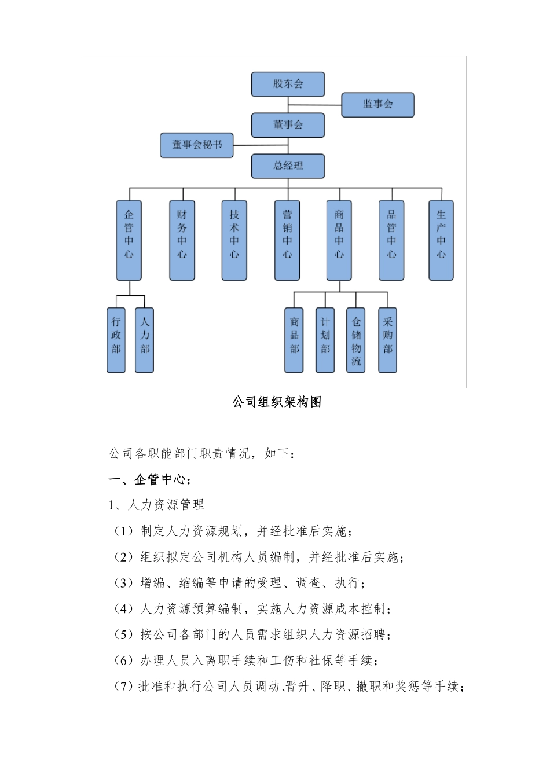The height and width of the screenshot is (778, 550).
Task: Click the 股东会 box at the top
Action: [x=288, y=85]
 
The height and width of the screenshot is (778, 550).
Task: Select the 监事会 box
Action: [x=377, y=105]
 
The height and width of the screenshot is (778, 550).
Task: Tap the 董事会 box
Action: [x=288, y=125]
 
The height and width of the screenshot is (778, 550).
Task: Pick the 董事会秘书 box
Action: [x=197, y=145]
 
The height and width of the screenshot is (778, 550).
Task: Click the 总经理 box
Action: [x=288, y=166]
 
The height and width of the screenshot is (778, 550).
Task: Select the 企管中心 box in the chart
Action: [x=129, y=240]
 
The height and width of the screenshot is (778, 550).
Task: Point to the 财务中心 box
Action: [x=182, y=240]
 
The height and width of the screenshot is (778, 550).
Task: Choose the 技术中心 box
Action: [x=234, y=240]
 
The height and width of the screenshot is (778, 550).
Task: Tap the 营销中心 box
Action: [x=287, y=240]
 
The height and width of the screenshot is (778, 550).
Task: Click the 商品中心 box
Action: [x=339, y=240]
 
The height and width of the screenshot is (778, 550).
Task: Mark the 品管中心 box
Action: [x=391, y=240]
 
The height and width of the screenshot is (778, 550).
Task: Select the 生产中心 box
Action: [x=441, y=240]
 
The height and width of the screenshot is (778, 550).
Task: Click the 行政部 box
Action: [x=116, y=340]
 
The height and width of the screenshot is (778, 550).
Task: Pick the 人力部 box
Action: [x=144, y=340]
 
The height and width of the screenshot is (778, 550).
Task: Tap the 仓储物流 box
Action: [x=356, y=340]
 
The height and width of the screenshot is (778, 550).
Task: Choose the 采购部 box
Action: [x=387, y=340]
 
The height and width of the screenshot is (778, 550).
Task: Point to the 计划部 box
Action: [x=325, y=340]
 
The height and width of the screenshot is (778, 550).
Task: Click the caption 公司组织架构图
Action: [x=277, y=402]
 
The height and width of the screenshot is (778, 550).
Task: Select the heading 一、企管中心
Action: [x=150, y=479]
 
